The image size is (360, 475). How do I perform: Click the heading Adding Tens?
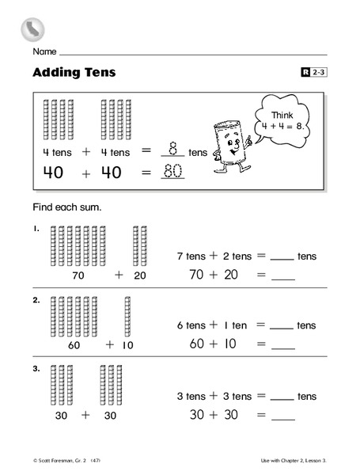tap(74, 73)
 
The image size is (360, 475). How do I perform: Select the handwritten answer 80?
tap(172, 170)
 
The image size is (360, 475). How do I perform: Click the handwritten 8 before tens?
tap(172, 148)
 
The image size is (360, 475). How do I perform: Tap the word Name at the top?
tap(44, 51)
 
